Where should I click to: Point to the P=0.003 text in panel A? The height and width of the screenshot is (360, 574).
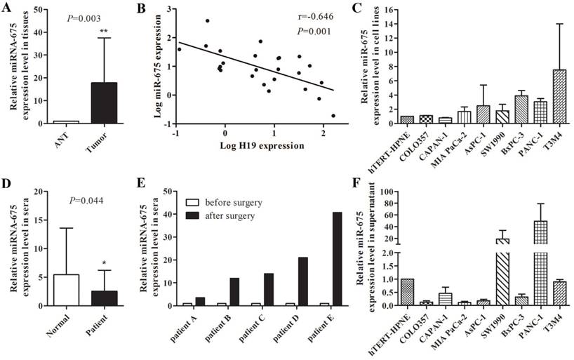click(x=74, y=19)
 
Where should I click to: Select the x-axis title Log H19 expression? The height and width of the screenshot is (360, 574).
click(x=257, y=146)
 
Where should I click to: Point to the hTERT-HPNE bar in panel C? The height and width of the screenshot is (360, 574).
click(x=408, y=119)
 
